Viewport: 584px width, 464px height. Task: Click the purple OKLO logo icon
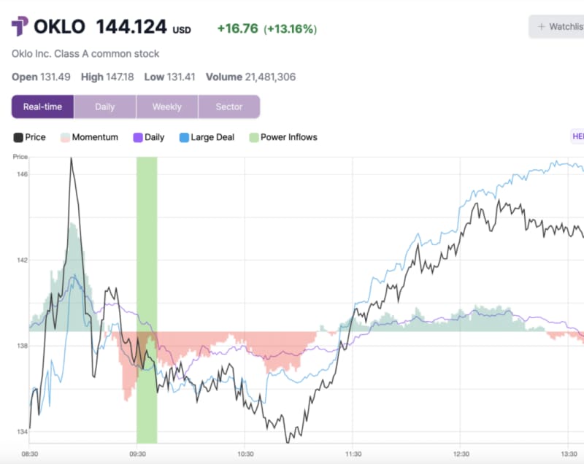(x=20, y=28)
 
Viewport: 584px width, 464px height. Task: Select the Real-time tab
(x=42, y=107)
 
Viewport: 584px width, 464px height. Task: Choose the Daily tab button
(x=104, y=107)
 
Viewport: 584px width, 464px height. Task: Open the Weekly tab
(x=166, y=107)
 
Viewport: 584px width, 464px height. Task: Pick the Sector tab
(x=228, y=107)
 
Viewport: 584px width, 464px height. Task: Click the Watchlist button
(x=559, y=27)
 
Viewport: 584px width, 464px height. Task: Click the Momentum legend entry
(x=94, y=137)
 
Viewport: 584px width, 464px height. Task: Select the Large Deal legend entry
(x=212, y=137)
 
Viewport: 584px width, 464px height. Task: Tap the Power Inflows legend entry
(x=288, y=137)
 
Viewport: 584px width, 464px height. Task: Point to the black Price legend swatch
(x=18, y=137)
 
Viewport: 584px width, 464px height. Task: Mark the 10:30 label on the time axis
(x=245, y=453)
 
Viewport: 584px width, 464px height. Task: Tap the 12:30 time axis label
(x=460, y=453)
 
